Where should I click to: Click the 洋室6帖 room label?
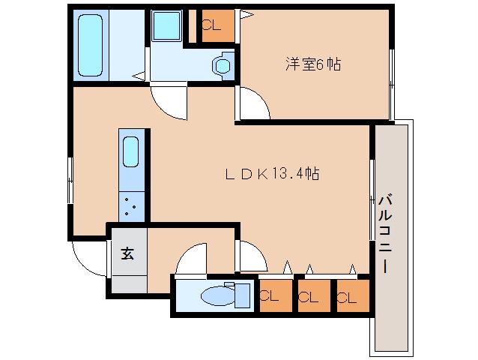312,65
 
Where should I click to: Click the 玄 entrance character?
128,253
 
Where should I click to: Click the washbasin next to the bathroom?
163,28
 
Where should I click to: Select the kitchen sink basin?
130,153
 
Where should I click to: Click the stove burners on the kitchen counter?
130,205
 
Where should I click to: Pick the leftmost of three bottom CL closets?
275,295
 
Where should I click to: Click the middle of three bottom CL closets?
312,295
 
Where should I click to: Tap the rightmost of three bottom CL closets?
351,295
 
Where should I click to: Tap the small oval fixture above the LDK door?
222,65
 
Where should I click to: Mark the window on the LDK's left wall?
70,180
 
